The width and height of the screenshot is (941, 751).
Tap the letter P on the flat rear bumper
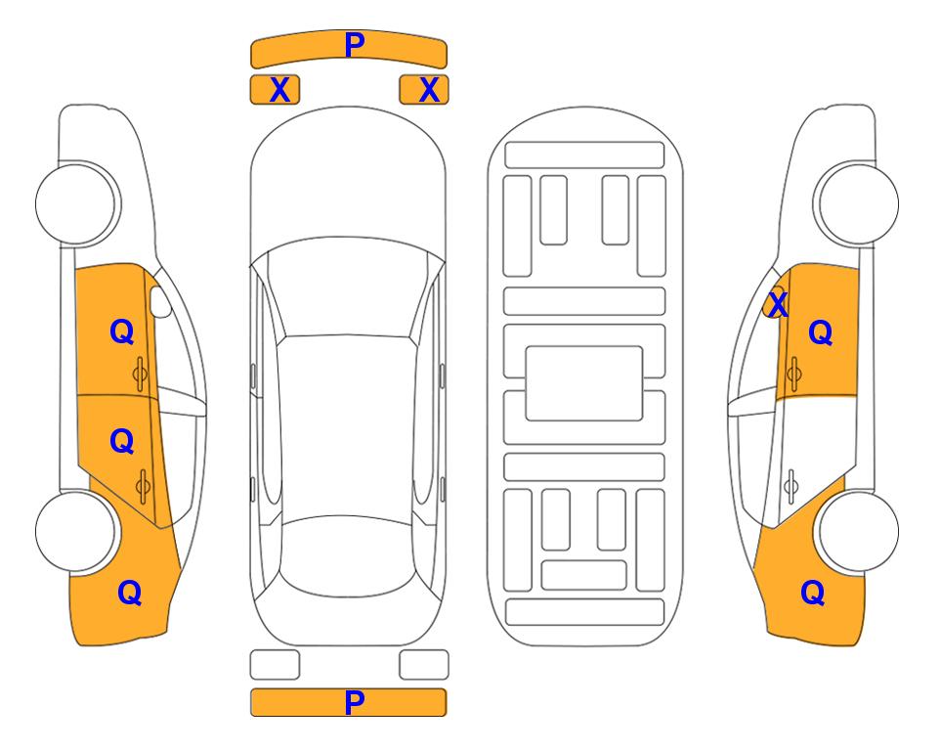pyautogui.click(x=355, y=702)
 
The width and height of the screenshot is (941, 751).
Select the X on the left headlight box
pyautogui.click(x=279, y=90)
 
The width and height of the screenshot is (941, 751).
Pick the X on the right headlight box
pyautogui.click(x=429, y=90)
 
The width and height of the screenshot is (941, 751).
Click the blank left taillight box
pyautogui.click(x=275, y=665)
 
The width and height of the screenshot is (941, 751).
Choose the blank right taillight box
pyautogui.click(x=424, y=665)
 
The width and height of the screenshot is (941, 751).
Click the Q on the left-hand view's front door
pyautogui.click(x=122, y=331)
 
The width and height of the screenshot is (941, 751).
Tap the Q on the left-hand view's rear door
pyautogui.click(x=122, y=442)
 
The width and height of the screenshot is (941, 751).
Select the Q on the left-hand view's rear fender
pyautogui.click(x=130, y=593)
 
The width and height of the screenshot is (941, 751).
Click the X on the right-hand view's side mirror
pyautogui.click(x=778, y=303)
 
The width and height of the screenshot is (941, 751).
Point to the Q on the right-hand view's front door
pyautogui.click(x=821, y=332)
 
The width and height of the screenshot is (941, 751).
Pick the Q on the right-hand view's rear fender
pyautogui.click(x=813, y=593)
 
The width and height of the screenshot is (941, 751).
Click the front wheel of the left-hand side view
pyautogui.click(x=76, y=203)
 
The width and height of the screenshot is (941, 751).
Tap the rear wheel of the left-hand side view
pyautogui.click(x=76, y=531)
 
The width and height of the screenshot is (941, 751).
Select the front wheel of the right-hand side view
pyautogui.click(x=858, y=203)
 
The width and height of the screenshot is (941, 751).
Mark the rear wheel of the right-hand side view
pyautogui.click(x=858, y=531)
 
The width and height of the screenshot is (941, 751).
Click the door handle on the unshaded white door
pyautogui.click(x=791, y=487)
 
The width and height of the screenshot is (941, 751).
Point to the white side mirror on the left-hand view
pyautogui.click(x=159, y=301)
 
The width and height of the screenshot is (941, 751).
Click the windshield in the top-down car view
pyautogui.click(x=348, y=288)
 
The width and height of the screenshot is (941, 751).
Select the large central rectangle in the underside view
pyautogui.click(x=584, y=383)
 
